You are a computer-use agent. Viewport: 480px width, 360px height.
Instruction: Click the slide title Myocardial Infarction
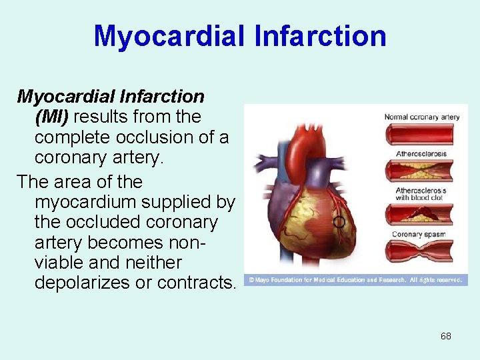240,35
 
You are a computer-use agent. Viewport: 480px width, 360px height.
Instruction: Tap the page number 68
445,336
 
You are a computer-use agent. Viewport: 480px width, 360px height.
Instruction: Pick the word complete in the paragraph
73,137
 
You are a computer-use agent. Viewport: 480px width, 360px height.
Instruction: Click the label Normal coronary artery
421,117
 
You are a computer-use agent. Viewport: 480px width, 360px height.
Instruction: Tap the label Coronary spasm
418,234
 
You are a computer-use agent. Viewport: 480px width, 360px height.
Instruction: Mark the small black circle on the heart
339,221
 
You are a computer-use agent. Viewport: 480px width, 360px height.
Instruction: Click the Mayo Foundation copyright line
355,280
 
